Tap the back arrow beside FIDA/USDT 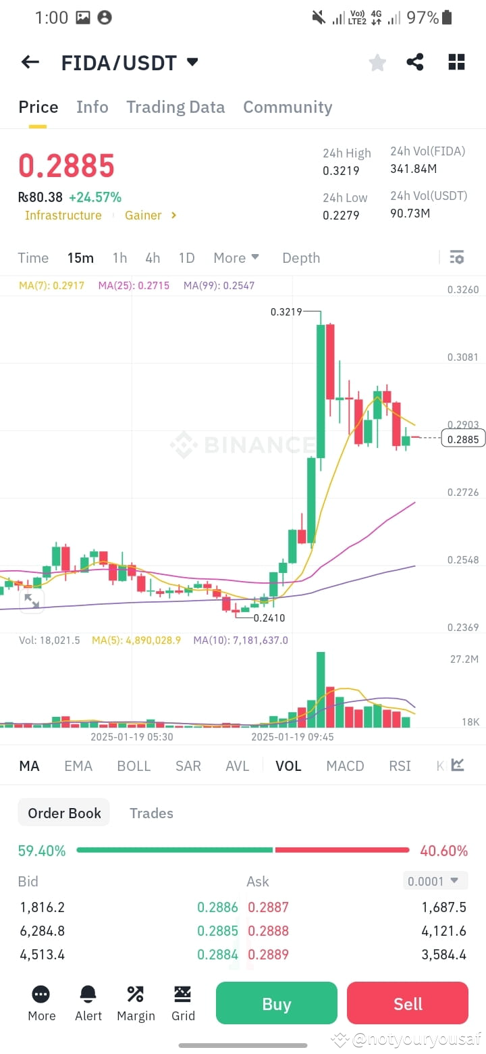[x=30, y=62]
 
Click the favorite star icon [x=377, y=62]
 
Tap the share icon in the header [x=414, y=62]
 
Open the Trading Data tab [x=175, y=107]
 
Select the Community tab [x=288, y=107]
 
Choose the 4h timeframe [x=153, y=258]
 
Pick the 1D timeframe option [x=186, y=258]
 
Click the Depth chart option [x=301, y=258]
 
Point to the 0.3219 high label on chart [x=286, y=312]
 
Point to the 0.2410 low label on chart [x=269, y=618]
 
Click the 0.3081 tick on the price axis [x=462, y=357]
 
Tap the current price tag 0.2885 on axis [x=463, y=439]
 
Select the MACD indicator [x=345, y=766]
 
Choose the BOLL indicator [x=134, y=766]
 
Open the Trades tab [x=151, y=813]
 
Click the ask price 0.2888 [x=269, y=931]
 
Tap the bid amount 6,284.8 [x=43, y=931]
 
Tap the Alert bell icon [x=88, y=994]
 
